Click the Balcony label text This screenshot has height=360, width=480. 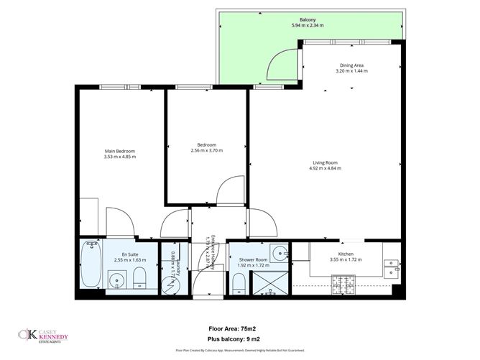tap(308, 19)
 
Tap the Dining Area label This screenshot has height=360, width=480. tap(351, 66)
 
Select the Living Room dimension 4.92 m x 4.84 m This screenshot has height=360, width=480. tap(325, 168)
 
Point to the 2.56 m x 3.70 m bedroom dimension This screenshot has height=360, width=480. tap(207, 150)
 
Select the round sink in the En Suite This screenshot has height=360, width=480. tap(116, 279)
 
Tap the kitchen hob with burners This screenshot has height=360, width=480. tap(345, 285)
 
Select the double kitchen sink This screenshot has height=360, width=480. tap(392, 267)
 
